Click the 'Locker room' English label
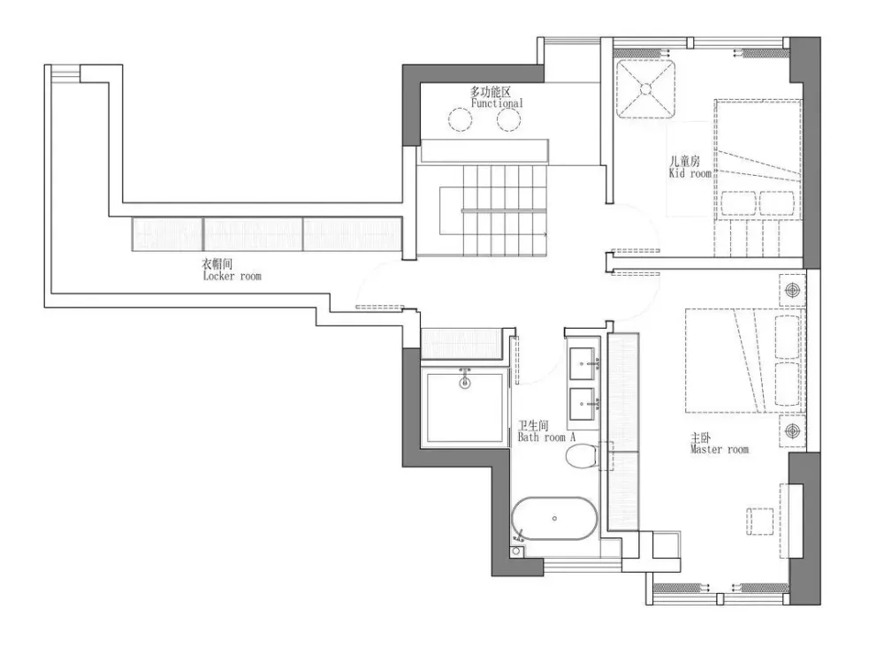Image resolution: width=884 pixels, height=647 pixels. [232, 276]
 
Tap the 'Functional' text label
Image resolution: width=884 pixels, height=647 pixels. [497, 103]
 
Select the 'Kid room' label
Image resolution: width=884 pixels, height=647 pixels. [690, 173]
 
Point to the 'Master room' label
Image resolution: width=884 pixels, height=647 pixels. [720, 449]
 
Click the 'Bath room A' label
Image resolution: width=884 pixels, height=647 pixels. [546, 437]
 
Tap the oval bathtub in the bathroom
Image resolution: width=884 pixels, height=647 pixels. [555, 519]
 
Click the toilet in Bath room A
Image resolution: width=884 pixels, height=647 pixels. [582, 456]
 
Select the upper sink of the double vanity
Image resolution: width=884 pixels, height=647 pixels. [583, 364]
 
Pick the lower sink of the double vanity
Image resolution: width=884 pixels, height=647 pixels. [583, 404]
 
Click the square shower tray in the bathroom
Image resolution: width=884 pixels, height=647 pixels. [465, 406]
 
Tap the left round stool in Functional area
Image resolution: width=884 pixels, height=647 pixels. [460, 119]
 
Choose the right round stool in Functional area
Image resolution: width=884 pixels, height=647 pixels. [508, 119]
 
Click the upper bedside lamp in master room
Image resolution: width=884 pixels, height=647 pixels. [793, 290]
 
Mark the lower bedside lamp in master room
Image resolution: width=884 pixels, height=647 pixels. [793, 431]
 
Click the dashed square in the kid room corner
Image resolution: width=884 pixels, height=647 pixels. [645, 88]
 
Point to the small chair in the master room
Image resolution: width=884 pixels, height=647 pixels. [760, 521]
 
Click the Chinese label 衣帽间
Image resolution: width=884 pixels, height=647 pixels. [217, 263]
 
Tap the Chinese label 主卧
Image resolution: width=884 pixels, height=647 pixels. [701, 438]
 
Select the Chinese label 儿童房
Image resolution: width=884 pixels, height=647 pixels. [684, 161]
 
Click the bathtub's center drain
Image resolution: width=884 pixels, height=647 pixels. [555, 519]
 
